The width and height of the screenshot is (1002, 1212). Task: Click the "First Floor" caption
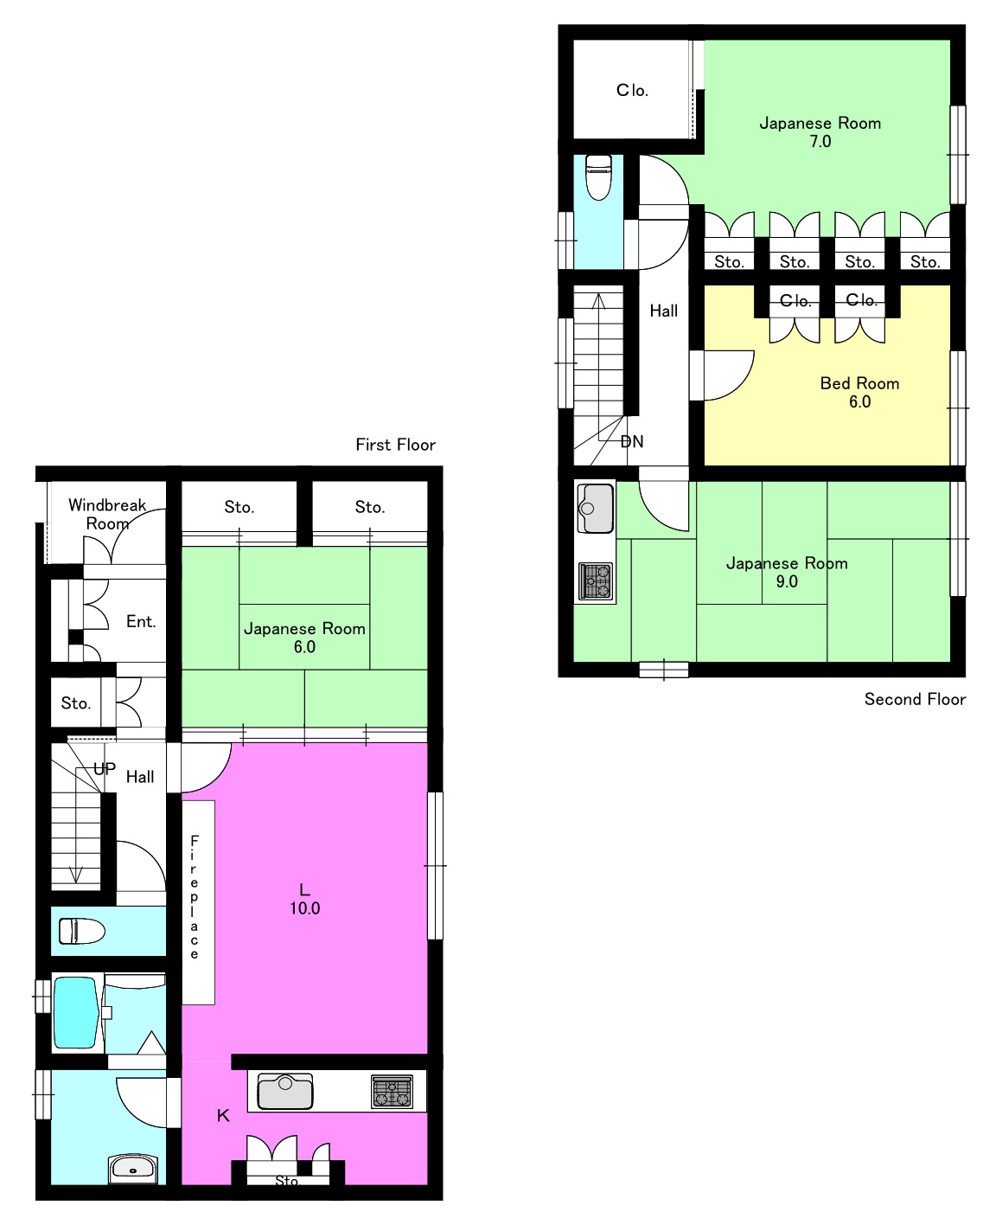[x=395, y=446]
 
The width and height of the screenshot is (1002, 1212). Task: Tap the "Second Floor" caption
[x=915, y=700]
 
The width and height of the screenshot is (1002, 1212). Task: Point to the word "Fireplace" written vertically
[x=195, y=897]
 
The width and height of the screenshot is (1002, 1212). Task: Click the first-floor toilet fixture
[x=82, y=931]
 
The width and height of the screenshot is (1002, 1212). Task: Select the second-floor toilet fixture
[x=598, y=177]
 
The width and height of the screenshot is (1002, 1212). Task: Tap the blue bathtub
[x=75, y=1012]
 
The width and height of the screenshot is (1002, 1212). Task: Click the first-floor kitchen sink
[x=285, y=1091]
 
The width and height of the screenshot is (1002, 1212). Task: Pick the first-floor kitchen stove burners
[x=393, y=1091]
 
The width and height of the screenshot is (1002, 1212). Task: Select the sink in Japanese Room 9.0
[x=596, y=508]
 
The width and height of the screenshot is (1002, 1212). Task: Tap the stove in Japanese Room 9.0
[x=596, y=581]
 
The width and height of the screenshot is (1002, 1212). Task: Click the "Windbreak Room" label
[x=107, y=514]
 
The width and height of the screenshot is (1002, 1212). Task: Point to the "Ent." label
[x=141, y=622]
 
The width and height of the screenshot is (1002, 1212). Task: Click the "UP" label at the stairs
[x=105, y=769]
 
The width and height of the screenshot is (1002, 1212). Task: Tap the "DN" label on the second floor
[x=632, y=442]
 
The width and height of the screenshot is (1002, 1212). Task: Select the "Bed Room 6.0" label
[x=859, y=393]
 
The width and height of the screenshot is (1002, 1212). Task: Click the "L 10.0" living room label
[x=304, y=899]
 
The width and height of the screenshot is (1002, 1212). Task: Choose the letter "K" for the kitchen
[x=223, y=1115]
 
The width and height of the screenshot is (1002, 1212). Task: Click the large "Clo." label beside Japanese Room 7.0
[x=632, y=90]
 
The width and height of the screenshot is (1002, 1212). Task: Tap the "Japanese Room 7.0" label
[x=820, y=132]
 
